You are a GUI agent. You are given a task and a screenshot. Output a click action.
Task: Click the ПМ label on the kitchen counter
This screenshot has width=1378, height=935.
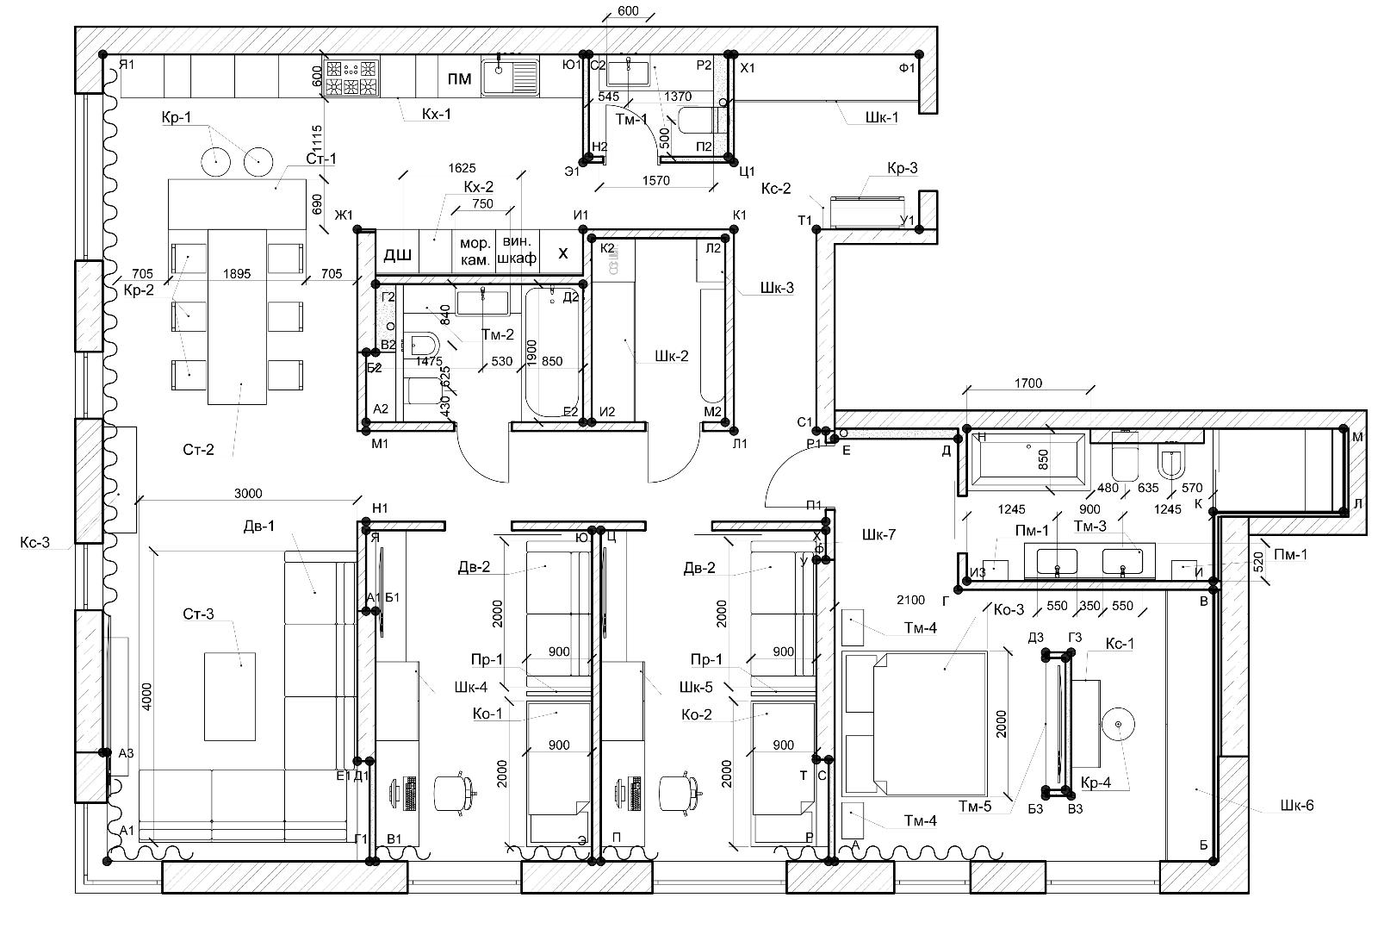[460, 79]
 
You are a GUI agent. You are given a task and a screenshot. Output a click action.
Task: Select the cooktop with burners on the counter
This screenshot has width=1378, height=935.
[351, 77]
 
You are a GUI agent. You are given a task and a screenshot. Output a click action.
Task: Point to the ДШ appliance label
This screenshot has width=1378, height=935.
[397, 254]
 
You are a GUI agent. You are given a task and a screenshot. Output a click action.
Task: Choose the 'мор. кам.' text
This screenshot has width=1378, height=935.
[475, 250]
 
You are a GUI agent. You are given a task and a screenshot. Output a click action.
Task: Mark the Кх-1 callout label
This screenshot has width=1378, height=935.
[436, 113]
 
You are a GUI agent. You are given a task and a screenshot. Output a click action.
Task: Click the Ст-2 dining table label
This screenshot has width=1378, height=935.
[198, 449]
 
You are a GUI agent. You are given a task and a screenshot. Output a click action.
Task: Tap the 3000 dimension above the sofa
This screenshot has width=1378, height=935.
[248, 494]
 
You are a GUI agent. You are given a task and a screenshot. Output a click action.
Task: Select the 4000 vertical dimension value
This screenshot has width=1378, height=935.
[146, 696]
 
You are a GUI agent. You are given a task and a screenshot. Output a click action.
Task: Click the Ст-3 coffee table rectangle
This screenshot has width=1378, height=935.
[230, 696]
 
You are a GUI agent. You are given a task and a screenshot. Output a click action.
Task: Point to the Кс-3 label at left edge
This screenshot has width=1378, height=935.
[35, 542]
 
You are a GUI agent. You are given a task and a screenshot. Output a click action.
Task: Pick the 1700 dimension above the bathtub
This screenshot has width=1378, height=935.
[1028, 383]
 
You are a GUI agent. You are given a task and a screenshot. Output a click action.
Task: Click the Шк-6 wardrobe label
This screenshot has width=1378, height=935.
[1297, 806]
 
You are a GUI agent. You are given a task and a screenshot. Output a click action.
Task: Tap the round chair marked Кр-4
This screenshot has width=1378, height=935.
[1118, 725]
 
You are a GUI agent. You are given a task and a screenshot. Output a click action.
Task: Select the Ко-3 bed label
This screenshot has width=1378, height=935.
[1009, 610]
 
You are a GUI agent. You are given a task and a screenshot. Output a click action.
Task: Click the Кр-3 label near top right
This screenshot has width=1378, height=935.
[903, 168]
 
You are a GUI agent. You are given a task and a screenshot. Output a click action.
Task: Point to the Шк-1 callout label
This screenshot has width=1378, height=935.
[883, 117]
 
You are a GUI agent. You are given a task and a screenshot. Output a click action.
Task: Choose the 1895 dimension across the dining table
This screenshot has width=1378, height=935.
[237, 274]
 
